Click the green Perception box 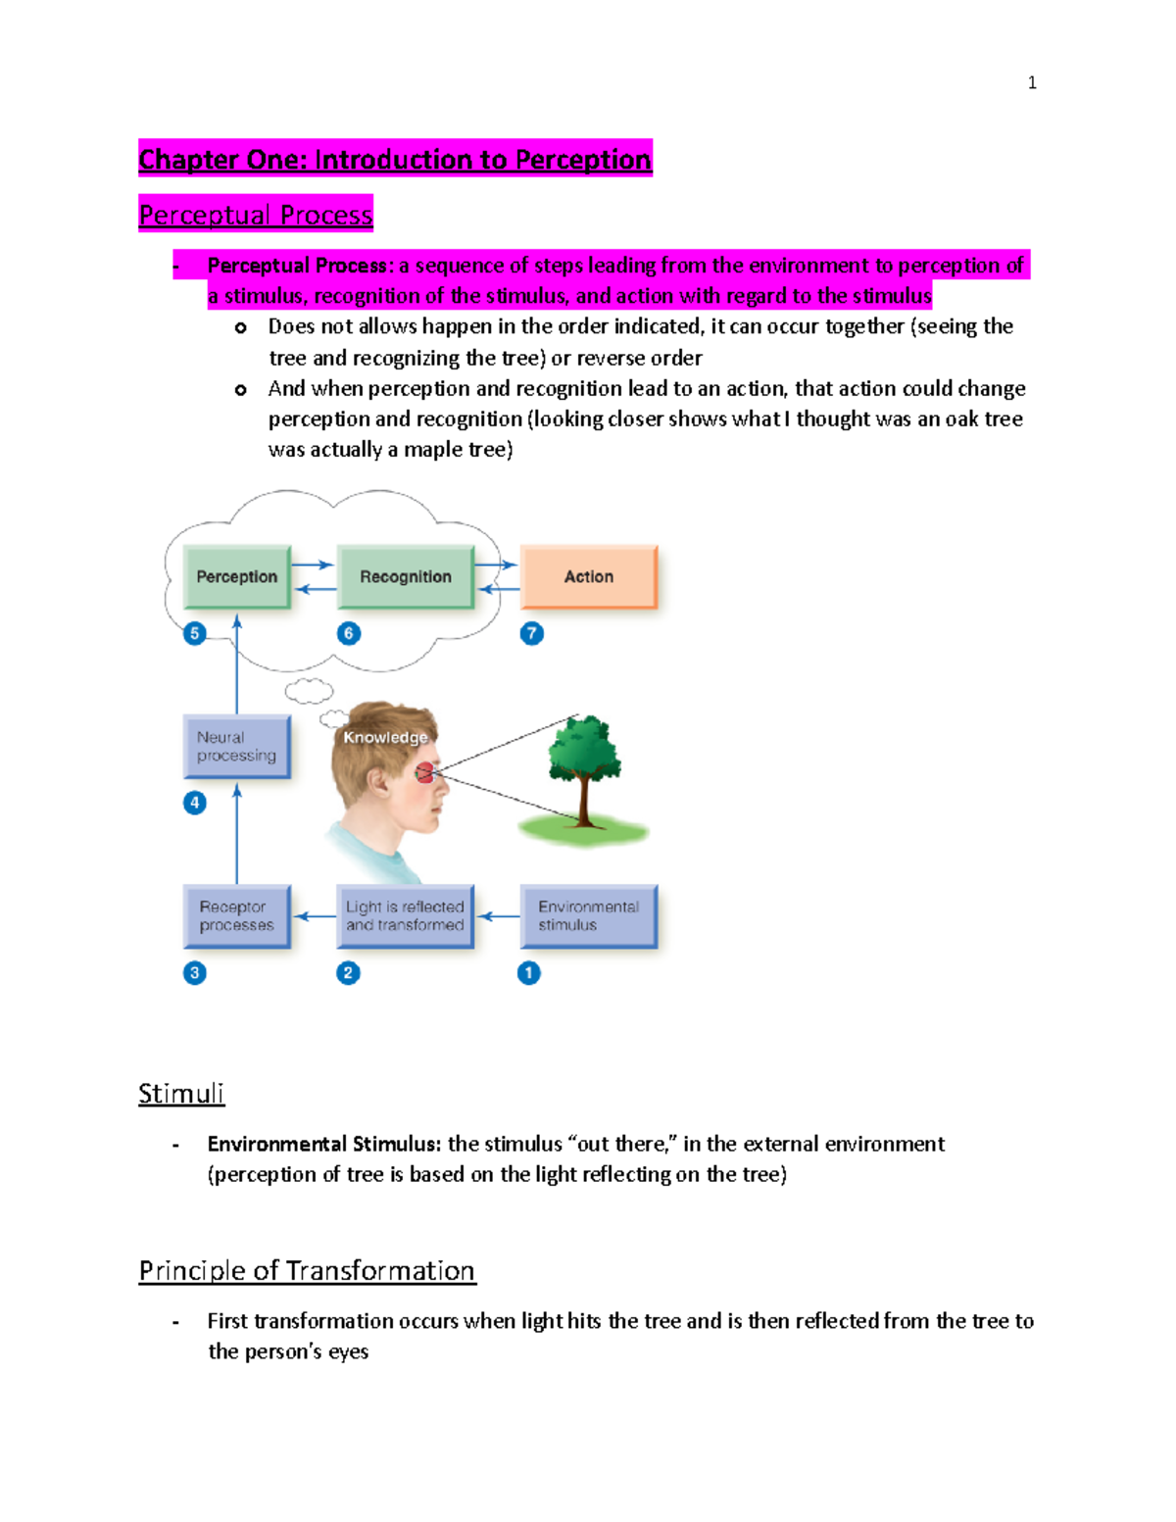click(236, 576)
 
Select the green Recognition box click(405, 576)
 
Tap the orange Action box click(588, 576)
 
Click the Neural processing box click(236, 746)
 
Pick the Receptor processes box click(236, 915)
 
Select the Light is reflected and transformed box click(405, 915)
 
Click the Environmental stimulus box click(588, 915)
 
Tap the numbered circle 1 click(528, 972)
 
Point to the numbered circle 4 click(195, 803)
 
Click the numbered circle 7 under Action click(531, 633)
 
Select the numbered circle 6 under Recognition click(349, 633)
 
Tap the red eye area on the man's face click(424, 773)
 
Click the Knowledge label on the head click(385, 737)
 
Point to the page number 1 click(1031, 83)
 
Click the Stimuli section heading click(181, 1093)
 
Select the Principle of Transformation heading click(307, 1270)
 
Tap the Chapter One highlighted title click(395, 159)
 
